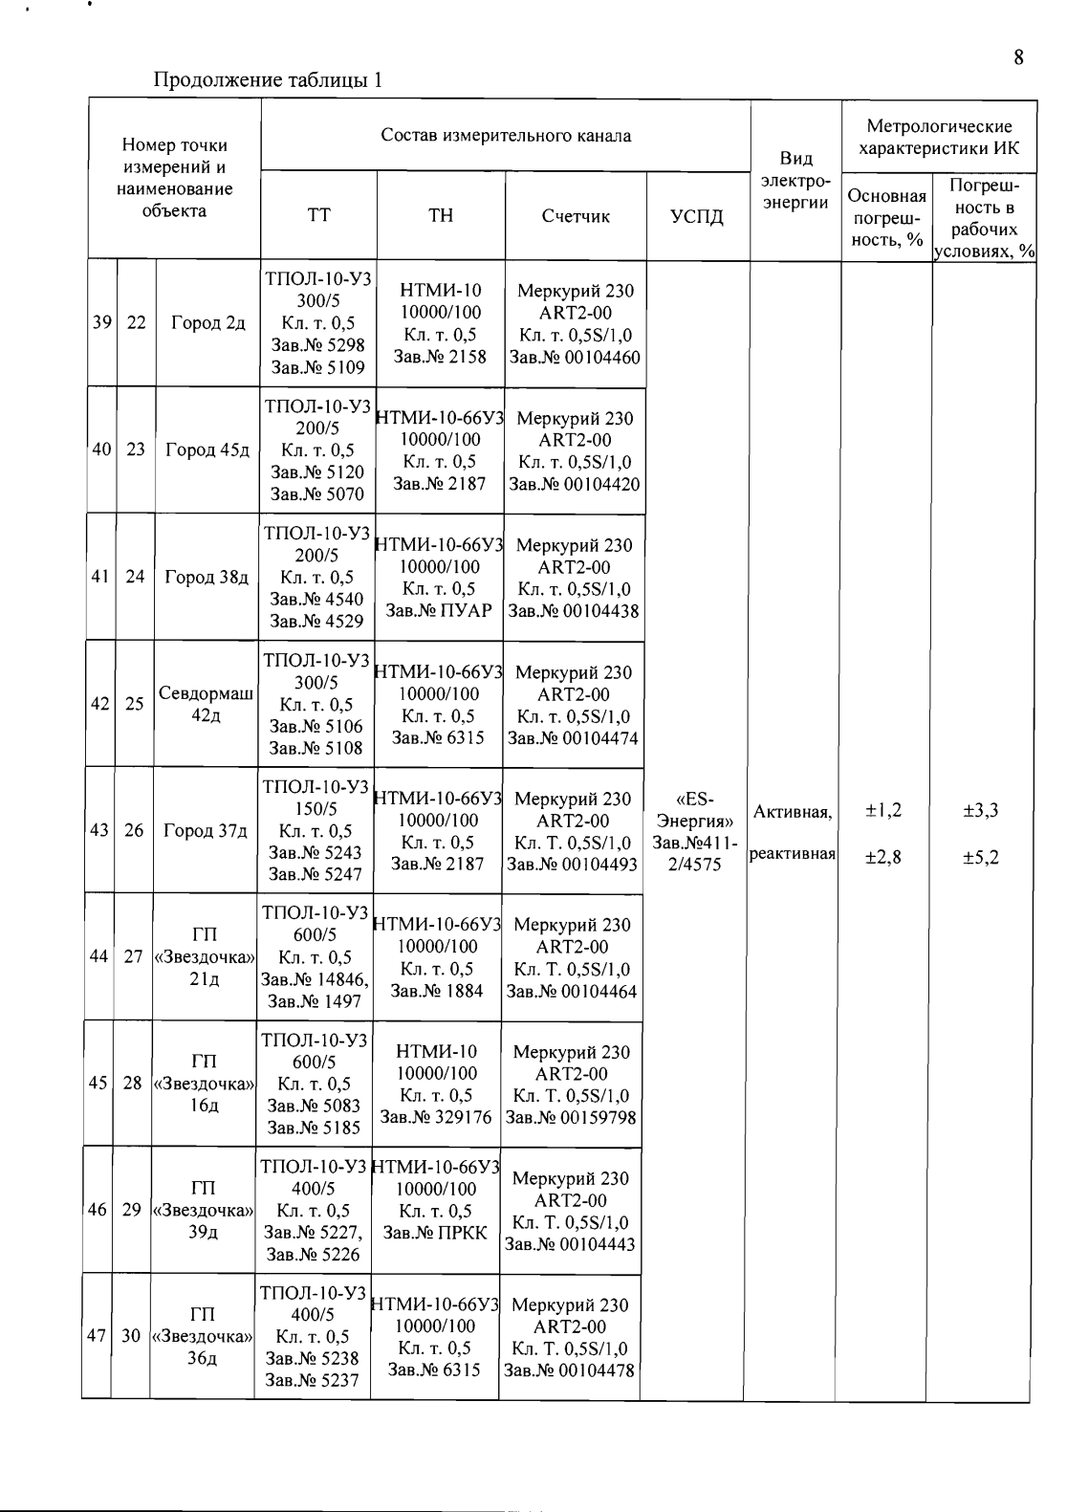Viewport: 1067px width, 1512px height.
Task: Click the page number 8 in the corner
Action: pos(1019,57)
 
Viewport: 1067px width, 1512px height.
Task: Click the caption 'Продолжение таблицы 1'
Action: pos(269,80)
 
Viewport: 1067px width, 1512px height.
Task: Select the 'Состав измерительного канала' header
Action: pos(506,136)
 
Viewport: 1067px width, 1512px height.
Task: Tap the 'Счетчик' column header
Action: pos(576,216)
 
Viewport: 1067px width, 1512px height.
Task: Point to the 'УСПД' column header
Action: pos(698,216)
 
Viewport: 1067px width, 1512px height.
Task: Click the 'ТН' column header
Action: pos(441,216)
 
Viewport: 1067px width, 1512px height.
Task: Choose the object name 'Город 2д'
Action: pos(208,323)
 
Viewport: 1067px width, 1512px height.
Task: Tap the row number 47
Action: pos(97,1336)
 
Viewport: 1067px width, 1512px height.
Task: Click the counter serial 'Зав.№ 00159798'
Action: pos(571,1117)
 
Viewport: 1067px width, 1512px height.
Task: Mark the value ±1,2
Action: pos(882,811)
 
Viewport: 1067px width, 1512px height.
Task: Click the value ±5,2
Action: pos(980,857)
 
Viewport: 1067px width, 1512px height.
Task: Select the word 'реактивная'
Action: pos(793,855)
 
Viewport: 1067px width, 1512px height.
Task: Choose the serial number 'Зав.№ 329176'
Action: pos(436,1117)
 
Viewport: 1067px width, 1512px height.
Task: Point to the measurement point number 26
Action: pos(134,830)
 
